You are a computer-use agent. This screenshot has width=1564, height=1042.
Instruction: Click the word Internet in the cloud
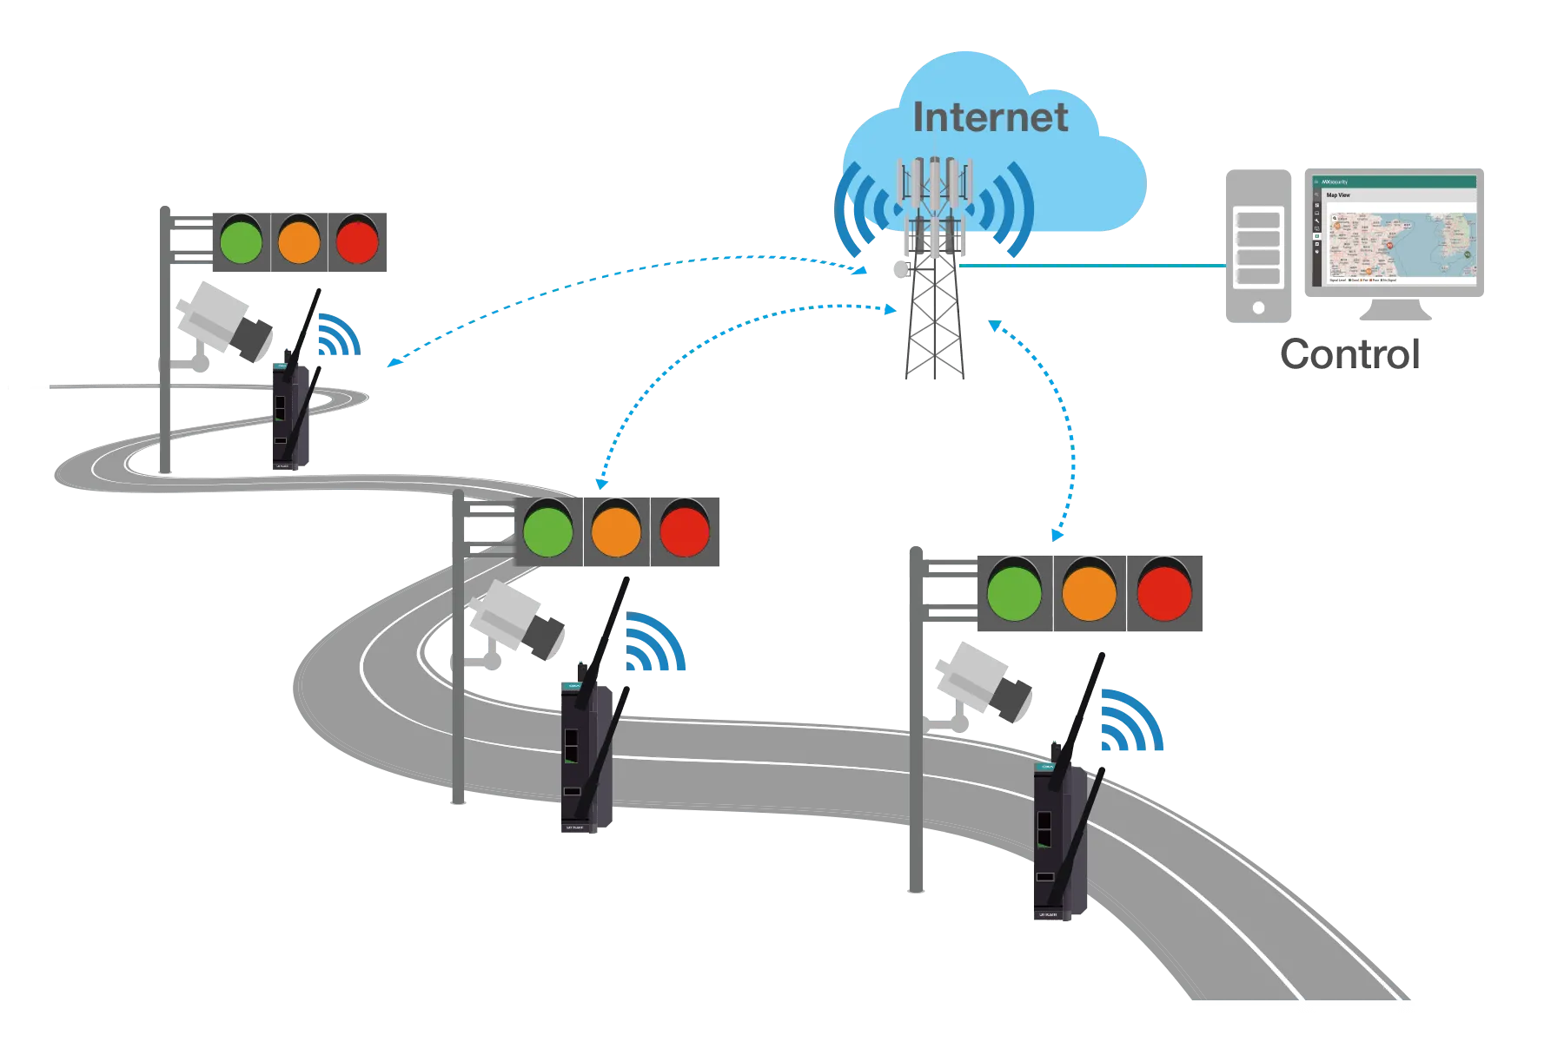coord(990,118)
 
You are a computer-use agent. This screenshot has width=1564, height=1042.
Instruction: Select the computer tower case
coord(1257,247)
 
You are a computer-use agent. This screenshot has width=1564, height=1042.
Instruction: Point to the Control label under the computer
coord(1352,353)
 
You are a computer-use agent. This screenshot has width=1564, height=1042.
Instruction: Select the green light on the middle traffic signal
coord(547,531)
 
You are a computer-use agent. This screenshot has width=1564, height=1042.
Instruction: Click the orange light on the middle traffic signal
coord(616,531)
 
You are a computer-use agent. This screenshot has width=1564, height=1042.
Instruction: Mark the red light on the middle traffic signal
coord(685,531)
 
